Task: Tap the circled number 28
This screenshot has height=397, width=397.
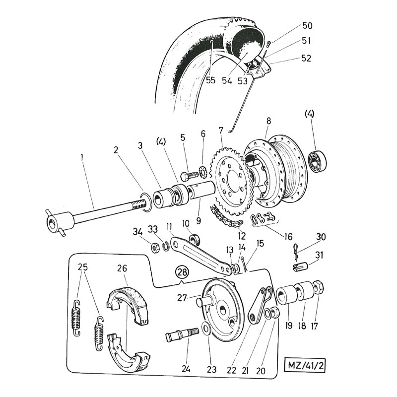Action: coord(182,271)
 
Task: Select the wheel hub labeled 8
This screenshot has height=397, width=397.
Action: coord(278,169)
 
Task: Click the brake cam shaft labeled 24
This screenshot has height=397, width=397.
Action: coord(180,335)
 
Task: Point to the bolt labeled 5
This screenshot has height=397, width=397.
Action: coord(188,176)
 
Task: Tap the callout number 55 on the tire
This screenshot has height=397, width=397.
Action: coord(211,80)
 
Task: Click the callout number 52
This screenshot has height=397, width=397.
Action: coord(306,58)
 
